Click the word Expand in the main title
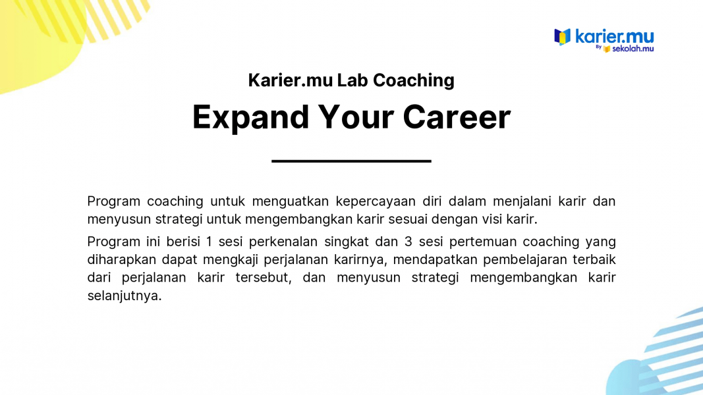point(250,117)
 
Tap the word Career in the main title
point(457,117)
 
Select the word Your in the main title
point(356,117)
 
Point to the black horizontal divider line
point(352,161)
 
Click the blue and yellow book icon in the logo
point(562,37)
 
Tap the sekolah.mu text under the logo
point(633,48)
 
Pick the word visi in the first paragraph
point(492,219)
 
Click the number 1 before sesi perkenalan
point(209,242)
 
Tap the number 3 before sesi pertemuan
point(408,242)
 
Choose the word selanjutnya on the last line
point(125,296)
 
